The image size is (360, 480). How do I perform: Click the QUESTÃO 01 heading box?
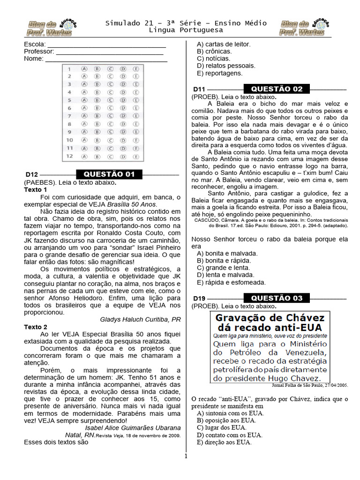pyautogui.click(x=109, y=174)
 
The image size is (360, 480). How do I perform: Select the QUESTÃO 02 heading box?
pyautogui.click(x=277, y=89)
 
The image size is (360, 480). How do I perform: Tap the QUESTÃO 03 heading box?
pyautogui.click(x=277, y=298)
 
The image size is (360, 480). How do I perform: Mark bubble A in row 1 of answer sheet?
pyautogui.click(x=84, y=68)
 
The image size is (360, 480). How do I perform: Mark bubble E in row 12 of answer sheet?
pyautogui.click(x=136, y=156)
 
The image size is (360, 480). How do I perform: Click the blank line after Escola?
pyautogui.click(x=106, y=45)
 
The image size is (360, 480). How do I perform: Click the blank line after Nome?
pyautogui.click(x=106, y=59)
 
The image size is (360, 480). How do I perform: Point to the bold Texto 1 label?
pyautogui.click(x=36, y=190)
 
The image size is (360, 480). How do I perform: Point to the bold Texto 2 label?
pyautogui.click(x=36, y=327)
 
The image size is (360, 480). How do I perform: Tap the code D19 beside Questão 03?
pyautogui.click(x=200, y=299)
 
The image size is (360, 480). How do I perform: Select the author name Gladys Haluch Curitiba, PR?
pyautogui.click(x=140, y=320)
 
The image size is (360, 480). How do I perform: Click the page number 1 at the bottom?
pyautogui.click(x=186, y=456)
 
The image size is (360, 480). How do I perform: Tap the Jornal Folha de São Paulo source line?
pyautogui.click(x=309, y=385)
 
